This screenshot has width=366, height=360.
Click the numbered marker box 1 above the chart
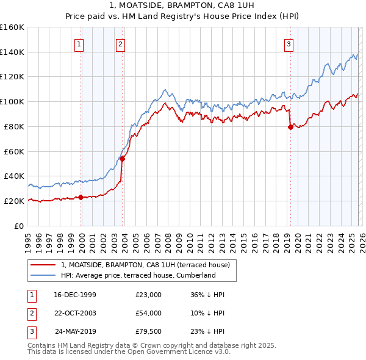point(80,43)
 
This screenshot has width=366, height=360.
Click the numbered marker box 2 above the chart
point(121,43)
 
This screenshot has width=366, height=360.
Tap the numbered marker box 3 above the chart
point(288,43)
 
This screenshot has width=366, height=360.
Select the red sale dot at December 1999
point(81,197)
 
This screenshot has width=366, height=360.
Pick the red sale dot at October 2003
point(123,159)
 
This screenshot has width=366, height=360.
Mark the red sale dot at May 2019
point(290,127)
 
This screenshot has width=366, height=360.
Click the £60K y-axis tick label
point(13,151)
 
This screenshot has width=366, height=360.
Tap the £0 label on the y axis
point(18,226)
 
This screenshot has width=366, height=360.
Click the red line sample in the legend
point(43,265)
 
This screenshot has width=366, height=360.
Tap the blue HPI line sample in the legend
point(43,275)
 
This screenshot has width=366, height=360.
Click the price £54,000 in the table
point(148,312)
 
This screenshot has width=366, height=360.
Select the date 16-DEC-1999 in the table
point(75,295)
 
